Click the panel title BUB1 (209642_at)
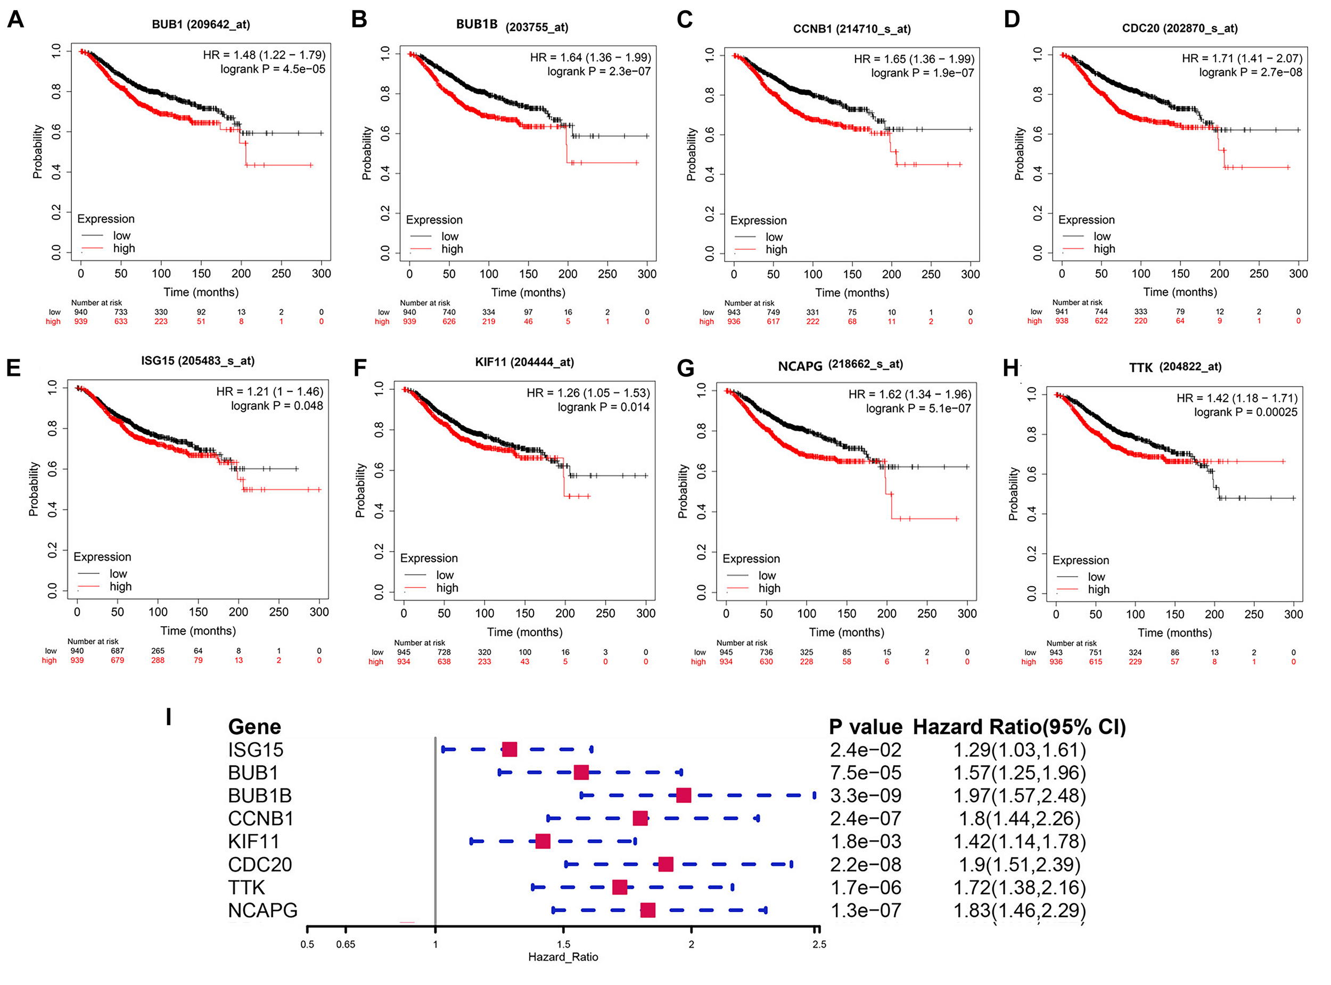201,24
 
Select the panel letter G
686,368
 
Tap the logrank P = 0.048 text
277,406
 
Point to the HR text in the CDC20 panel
1242,58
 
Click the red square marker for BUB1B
683,795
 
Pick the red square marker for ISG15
509,750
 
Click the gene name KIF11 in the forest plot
253,841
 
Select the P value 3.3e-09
866,795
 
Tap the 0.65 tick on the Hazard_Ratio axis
346,945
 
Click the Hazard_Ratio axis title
563,957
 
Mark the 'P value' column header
866,727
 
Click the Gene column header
254,727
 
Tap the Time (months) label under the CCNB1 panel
852,293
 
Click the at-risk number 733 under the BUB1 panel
121,312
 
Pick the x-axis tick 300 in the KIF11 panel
645,613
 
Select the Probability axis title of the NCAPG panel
683,491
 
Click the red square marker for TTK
619,887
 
